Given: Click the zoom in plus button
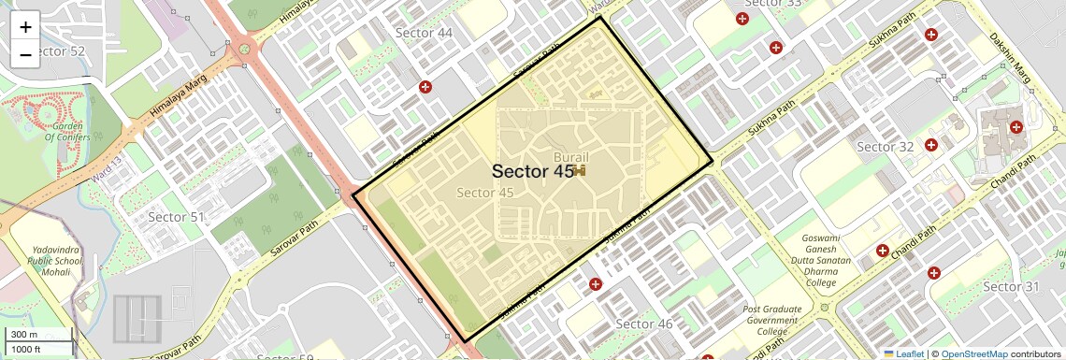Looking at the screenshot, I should pyautogui.click(x=25, y=27).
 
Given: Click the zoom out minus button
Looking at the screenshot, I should pyautogui.click(x=25, y=54).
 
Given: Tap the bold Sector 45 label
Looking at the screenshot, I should pyautogui.click(x=532, y=171).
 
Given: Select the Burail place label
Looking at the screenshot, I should pyautogui.click(x=571, y=157).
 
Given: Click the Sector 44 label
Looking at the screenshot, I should pyautogui.click(x=424, y=33).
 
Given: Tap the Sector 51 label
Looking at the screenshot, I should pyautogui.click(x=176, y=217).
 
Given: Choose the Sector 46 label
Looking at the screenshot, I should pyautogui.click(x=644, y=324).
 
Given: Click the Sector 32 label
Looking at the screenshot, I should pyautogui.click(x=885, y=147).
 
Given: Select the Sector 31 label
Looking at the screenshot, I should pyautogui.click(x=1011, y=286).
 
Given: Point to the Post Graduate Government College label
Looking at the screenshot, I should pyautogui.click(x=772, y=320).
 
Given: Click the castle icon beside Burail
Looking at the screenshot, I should pyautogui.click(x=580, y=171).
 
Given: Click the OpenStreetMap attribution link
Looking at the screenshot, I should pyautogui.click(x=973, y=353).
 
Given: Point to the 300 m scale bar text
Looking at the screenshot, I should pyautogui.click(x=25, y=335).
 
